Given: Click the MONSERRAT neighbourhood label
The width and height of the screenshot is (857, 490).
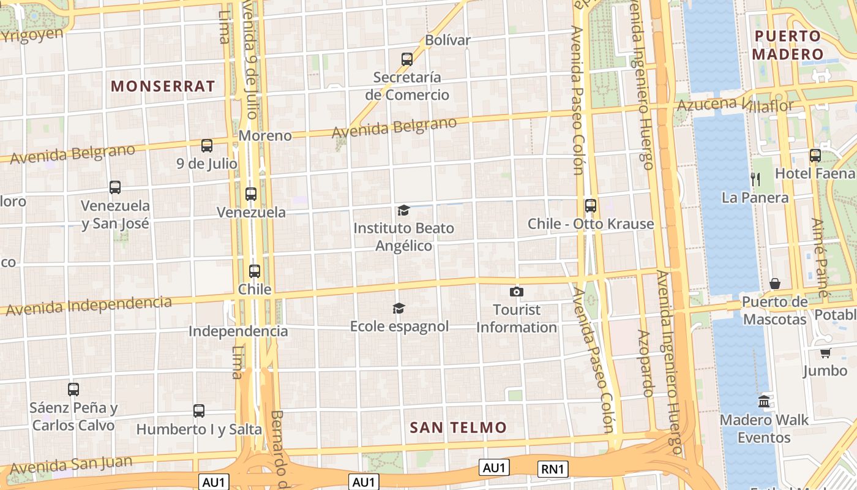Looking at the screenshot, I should coord(163,86).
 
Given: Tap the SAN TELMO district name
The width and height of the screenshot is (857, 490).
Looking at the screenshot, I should coord(458,428).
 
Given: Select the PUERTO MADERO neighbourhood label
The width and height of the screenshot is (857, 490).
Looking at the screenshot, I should coord(787,45).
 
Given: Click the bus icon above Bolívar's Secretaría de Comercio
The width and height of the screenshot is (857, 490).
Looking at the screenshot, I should coord(407,59).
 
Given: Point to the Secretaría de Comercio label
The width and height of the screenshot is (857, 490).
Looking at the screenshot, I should coord(407,86).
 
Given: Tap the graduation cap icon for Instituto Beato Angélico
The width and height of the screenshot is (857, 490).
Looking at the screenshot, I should coord(403,211).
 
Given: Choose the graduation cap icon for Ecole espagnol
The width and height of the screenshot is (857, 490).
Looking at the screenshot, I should coord(399,308).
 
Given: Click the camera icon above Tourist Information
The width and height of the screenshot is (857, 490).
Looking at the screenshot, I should coord(517,292).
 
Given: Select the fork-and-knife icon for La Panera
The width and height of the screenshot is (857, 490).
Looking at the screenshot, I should coord(755,179).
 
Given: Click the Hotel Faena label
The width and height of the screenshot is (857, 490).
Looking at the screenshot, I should coord(815,174).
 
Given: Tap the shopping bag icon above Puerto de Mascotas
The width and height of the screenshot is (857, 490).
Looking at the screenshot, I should coord(775,284).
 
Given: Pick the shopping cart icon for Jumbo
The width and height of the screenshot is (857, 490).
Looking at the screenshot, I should coord(825,353).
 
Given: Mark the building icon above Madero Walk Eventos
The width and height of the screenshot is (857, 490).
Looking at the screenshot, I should coord(764,402).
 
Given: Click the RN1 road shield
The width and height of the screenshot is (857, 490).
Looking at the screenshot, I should coord(553,469).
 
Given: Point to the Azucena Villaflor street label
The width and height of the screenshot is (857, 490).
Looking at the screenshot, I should coord(735,105).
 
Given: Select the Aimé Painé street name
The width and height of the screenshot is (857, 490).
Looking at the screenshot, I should coord(820,258).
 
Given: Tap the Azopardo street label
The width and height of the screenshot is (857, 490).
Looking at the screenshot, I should coord(646,363).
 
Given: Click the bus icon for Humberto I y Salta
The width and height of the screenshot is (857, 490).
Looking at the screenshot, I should coord(199,411).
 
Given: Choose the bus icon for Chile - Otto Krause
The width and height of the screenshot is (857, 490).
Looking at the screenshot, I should coord(591,206).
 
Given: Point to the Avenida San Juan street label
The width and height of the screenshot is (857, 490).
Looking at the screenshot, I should coord(71,465).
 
